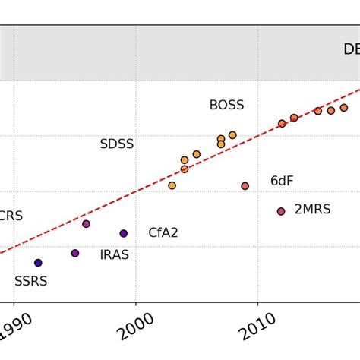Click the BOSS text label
226,106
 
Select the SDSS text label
116,144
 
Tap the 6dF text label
282,182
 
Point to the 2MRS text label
312,210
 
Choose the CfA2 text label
163,233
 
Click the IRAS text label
114,255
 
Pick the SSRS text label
30,281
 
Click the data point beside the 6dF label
245,186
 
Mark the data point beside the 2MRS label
281,211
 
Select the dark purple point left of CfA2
124,233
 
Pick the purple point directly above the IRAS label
75,253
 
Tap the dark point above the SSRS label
38,263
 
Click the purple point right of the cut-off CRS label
86,224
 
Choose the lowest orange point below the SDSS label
172,185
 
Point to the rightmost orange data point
344,108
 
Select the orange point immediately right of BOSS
232,135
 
